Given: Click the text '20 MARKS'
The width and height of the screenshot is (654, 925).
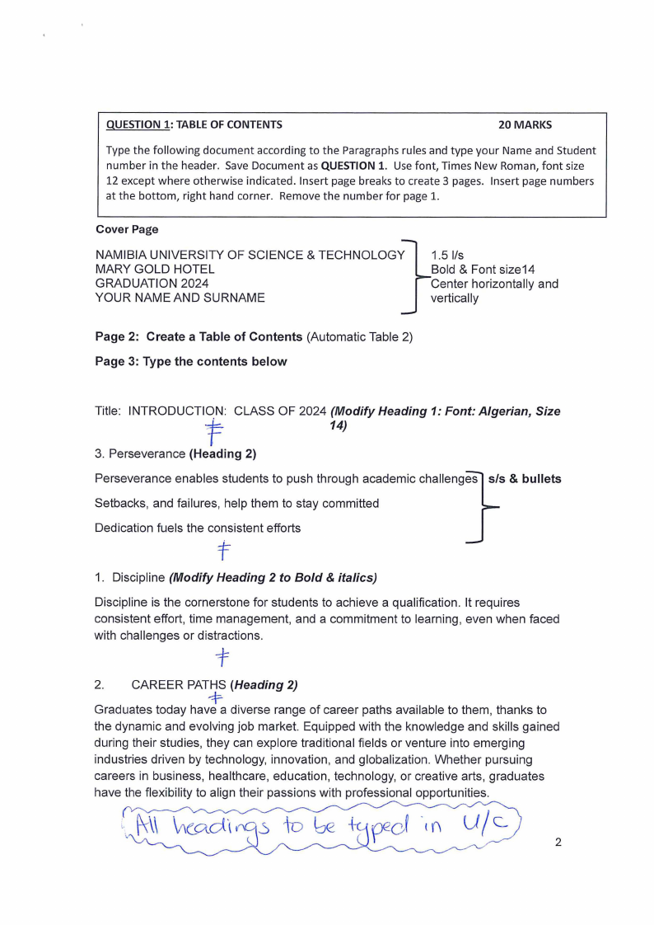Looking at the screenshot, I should (x=525, y=125).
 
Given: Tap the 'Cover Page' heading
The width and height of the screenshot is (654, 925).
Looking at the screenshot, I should (x=127, y=229).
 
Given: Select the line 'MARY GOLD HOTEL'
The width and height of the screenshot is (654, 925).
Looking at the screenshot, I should (x=155, y=270).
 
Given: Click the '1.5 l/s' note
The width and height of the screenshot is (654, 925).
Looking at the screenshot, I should (x=447, y=256).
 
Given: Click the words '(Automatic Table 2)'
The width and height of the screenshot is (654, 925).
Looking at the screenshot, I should (x=359, y=337).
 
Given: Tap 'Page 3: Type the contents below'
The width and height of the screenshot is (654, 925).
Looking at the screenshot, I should (x=191, y=362).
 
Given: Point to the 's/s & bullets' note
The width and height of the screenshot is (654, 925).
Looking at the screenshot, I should (x=525, y=479).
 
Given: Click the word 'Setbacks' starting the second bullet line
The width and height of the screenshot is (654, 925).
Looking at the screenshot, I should (x=119, y=504).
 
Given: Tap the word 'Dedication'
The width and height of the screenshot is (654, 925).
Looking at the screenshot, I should (x=124, y=528).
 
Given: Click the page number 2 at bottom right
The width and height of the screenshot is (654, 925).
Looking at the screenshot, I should (x=558, y=843).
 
